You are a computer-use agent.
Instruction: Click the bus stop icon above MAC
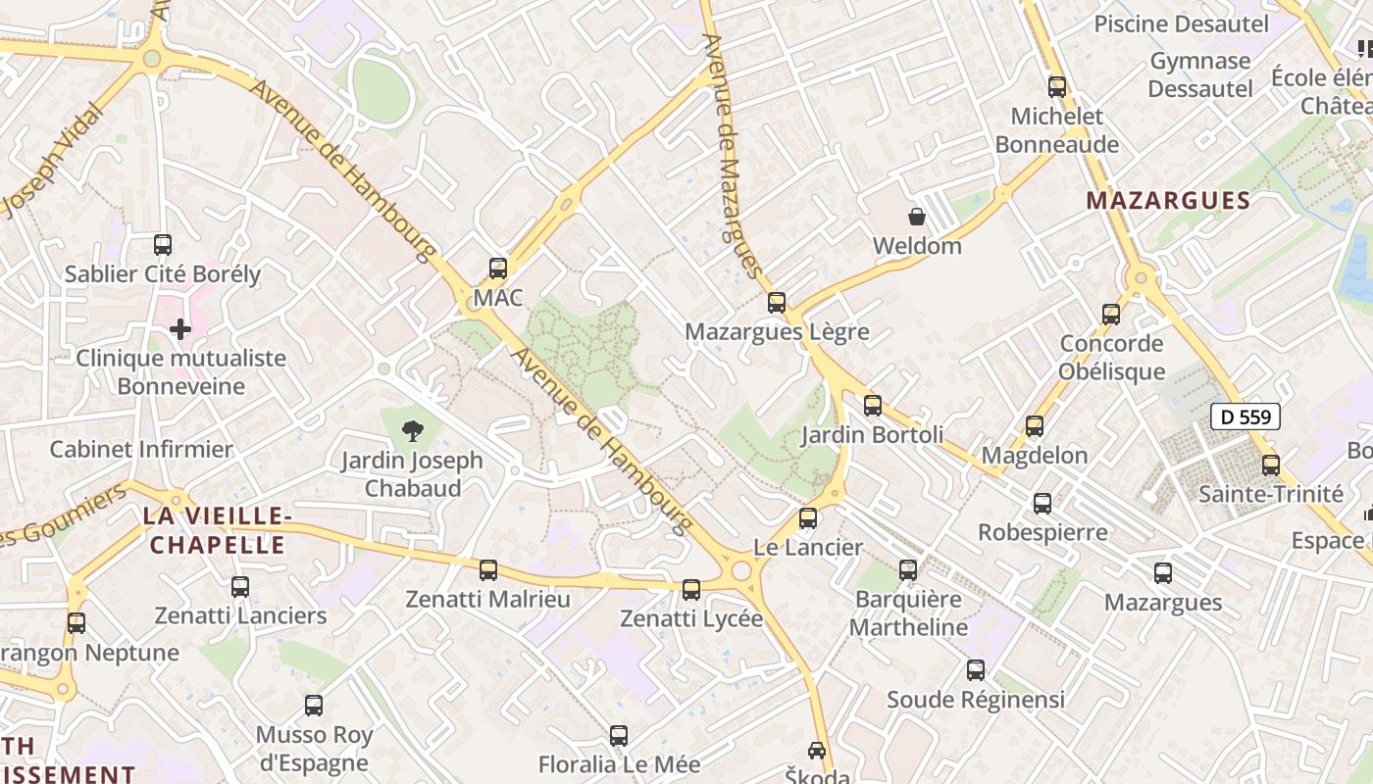click(498, 268)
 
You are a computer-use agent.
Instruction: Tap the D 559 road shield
click(1246, 416)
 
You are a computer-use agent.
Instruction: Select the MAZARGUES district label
click(1168, 201)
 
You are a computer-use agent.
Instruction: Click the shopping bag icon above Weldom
click(917, 217)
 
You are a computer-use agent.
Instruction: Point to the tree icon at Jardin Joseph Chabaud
click(413, 428)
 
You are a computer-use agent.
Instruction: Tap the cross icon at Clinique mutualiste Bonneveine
click(180, 329)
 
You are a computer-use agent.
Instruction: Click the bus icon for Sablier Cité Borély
click(163, 244)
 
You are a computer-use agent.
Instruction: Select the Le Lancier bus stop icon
click(808, 518)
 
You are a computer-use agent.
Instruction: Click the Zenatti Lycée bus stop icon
click(691, 589)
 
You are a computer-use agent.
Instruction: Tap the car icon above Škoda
click(817, 751)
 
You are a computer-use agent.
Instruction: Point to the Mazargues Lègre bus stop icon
click(777, 302)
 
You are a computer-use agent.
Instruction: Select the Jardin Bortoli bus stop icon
click(873, 405)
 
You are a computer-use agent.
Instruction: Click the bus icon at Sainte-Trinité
click(1271, 465)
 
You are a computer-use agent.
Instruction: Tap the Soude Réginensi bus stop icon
click(976, 670)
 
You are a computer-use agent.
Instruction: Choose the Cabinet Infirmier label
click(141, 450)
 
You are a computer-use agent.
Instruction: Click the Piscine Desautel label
click(1181, 24)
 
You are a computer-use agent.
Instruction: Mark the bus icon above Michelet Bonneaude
click(1057, 86)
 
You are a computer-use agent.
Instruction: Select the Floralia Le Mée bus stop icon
click(619, 735)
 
